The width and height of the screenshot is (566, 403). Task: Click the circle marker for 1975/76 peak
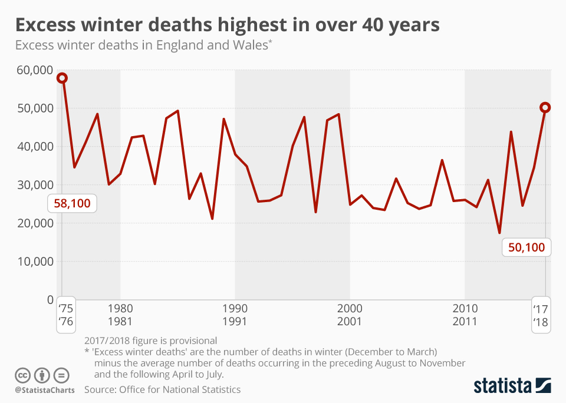(x=62, y=78)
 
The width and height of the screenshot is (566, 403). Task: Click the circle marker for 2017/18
(x=545, y=107)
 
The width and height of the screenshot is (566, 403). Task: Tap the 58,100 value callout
(x=73, y=204)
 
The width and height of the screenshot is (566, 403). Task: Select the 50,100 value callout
(x=526, y=247)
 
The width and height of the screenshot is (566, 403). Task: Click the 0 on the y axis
(x=49, y=300)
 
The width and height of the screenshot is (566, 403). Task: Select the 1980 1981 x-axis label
(x=120, y=315)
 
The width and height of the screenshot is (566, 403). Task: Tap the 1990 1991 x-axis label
(x=235, y=315)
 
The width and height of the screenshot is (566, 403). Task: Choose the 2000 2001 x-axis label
(x=350, y=315)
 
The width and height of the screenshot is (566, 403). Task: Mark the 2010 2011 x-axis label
(x=465, y=315)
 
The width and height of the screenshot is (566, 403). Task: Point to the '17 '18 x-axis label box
(x=541, y=315)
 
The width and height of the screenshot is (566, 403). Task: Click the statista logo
(x=512, y=386)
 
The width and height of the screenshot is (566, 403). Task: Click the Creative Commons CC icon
(x=22, y=375)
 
